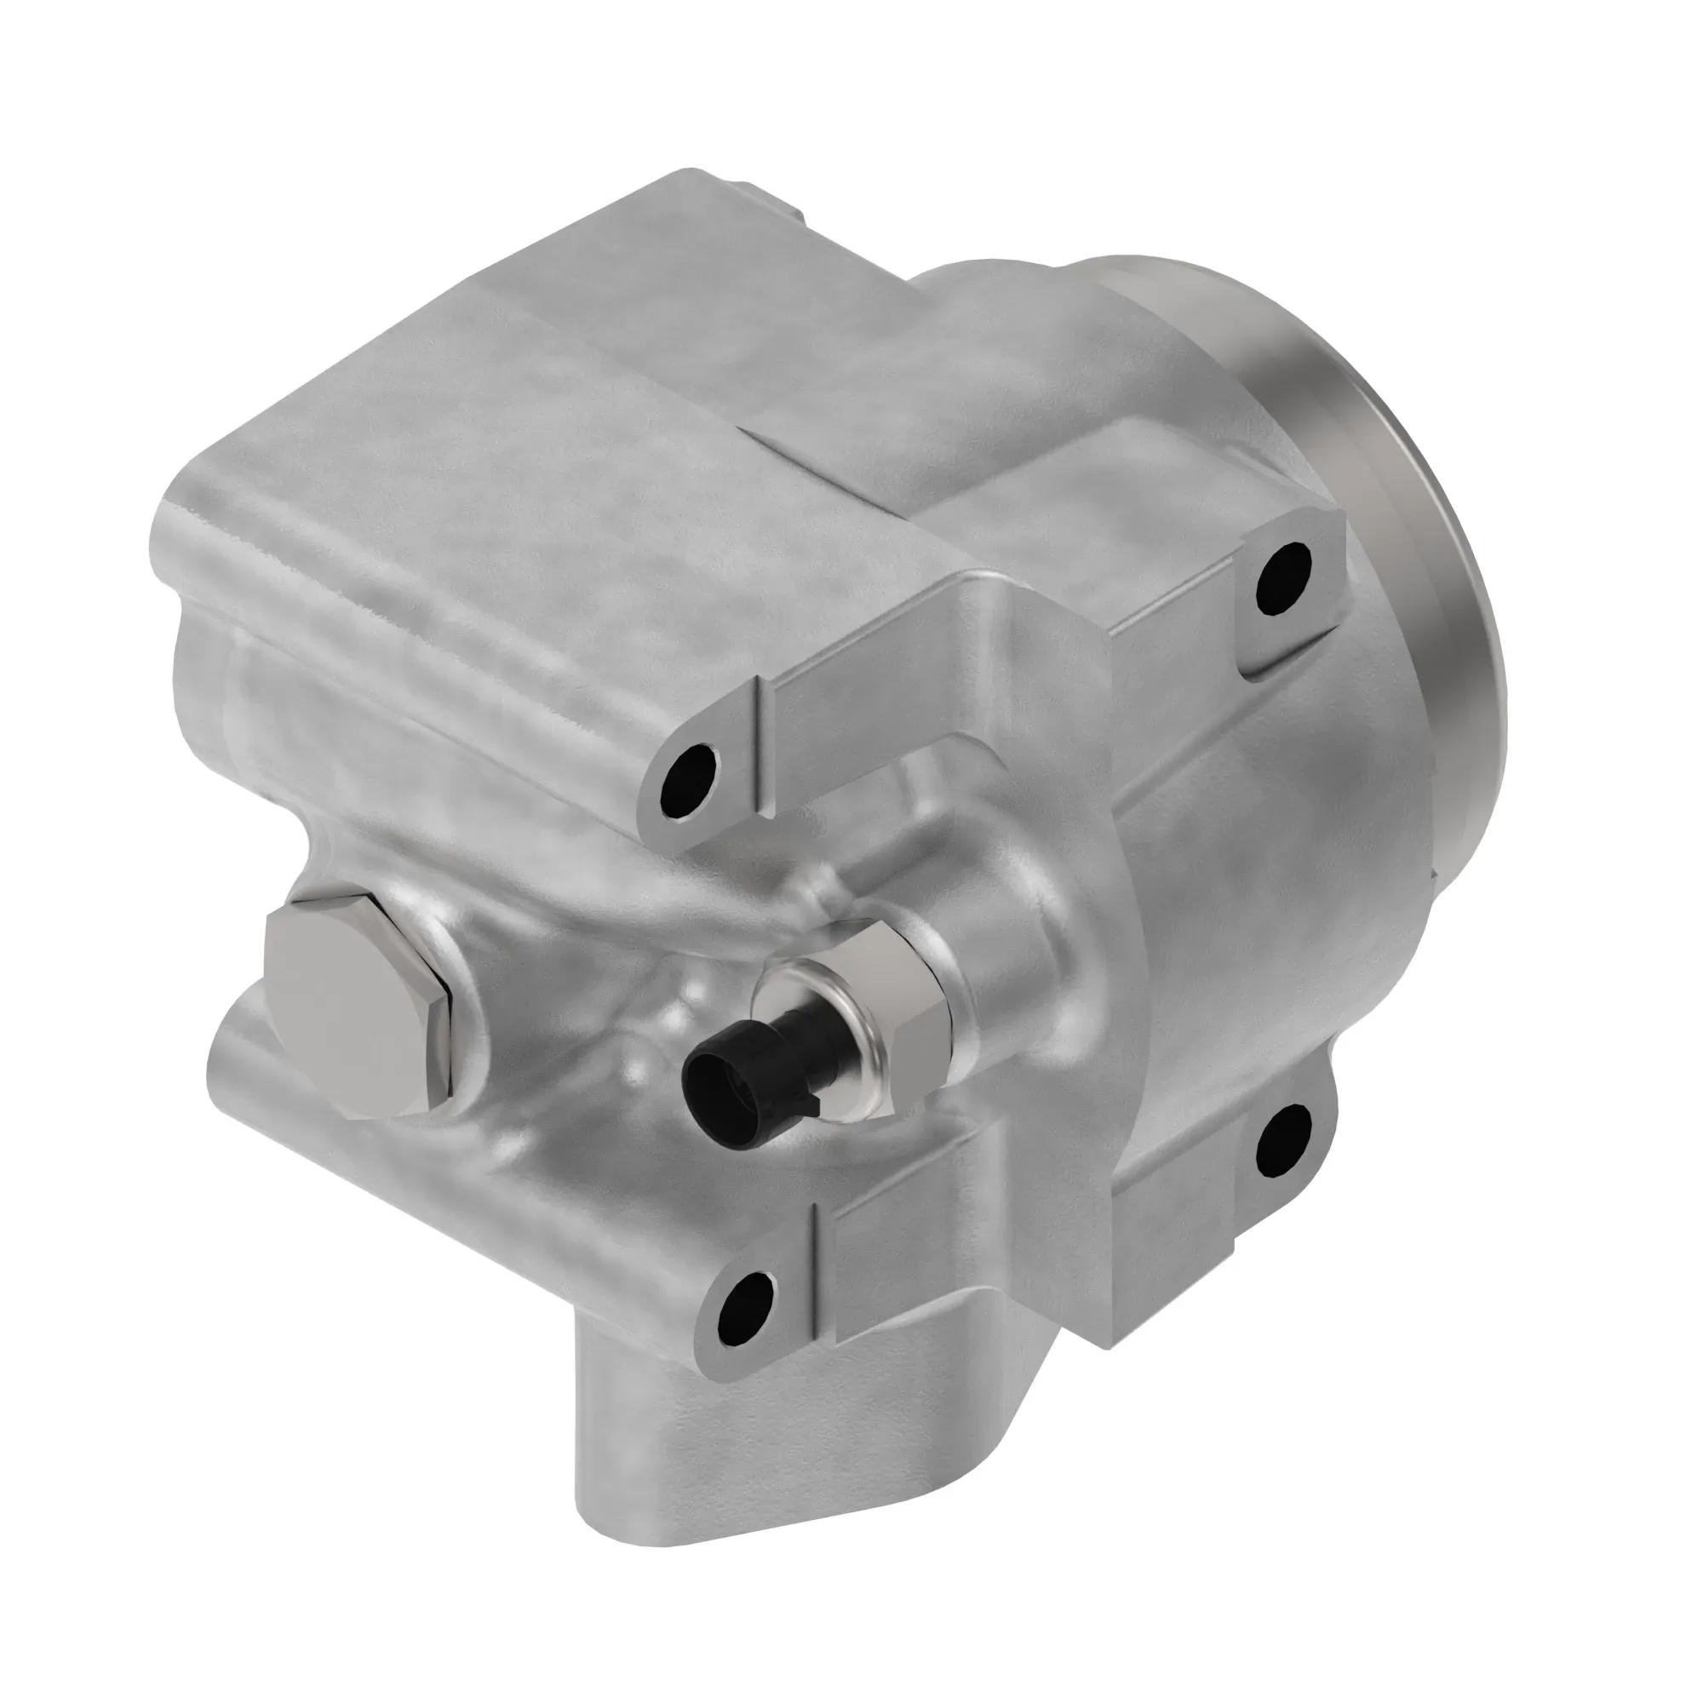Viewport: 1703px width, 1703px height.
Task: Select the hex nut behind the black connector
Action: (x=908, y=987)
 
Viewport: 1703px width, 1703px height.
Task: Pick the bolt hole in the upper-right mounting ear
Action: (x=1283, y=577)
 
